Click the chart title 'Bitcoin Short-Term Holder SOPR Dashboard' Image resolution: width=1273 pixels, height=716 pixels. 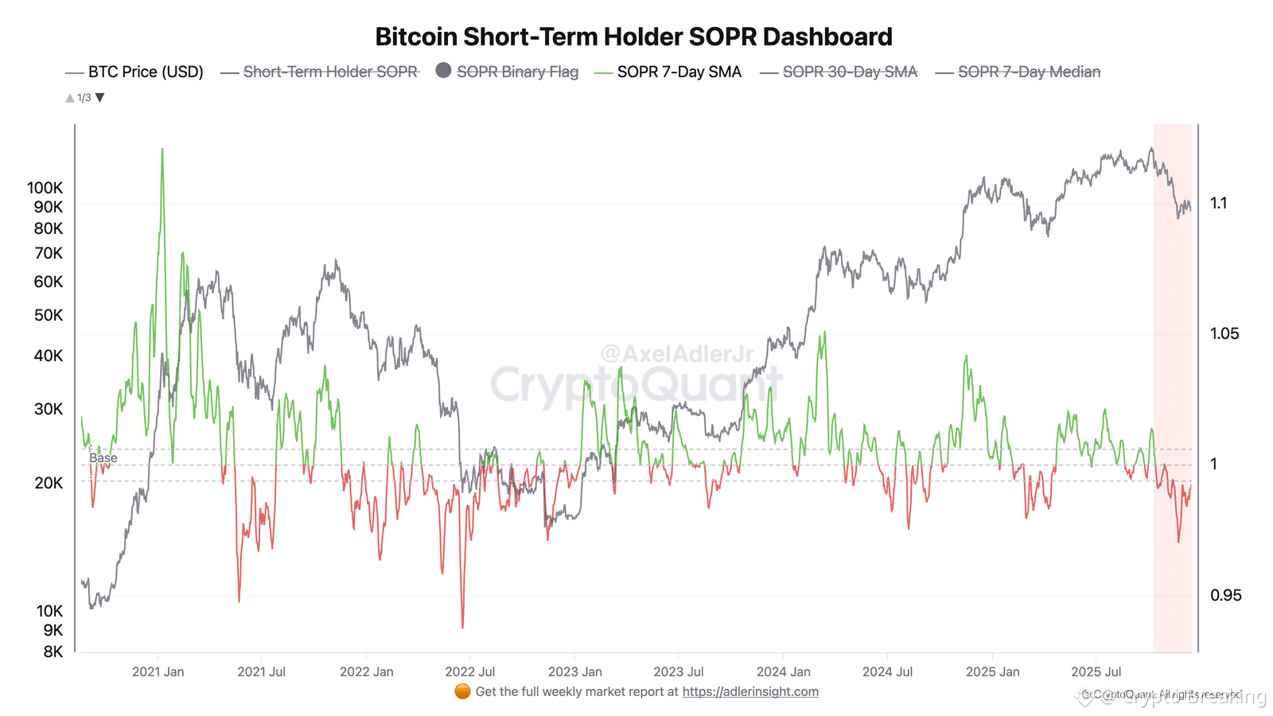pyautogui.click(x=633, y=37)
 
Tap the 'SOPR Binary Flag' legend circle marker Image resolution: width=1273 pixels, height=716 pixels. pyautogui.click(x=444, y=71)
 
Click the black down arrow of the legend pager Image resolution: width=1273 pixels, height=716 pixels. pyautogui.click(x=100, y=98)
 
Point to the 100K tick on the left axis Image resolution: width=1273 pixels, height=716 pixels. pyautogui.click(x=45, y=189)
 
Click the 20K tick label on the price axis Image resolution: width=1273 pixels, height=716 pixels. pyautogui.click(x=49, y=483)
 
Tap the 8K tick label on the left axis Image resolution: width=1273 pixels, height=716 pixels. pyautogui.click(x=53, y=652)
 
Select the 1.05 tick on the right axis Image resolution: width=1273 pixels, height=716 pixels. pyautogui.click(x=1224, y=334)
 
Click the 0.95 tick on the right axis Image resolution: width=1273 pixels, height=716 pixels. pyautogui.click(x=1225, y=596)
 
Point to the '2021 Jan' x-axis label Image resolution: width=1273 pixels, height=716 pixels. pyautogui.click(x=158, y=672)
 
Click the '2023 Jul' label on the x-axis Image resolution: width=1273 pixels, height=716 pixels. pyautogui.click(x=679, y=672)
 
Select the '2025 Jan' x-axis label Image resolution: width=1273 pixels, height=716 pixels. pyautogui.click(x=992, y=672)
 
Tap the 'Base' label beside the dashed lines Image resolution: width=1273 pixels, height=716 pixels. pyautogui.click(x=103, y=458)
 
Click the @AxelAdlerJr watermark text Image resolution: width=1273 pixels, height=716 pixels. pyautogui.click(x=676, y=354)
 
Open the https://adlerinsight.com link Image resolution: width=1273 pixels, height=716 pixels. pyautogui.click(x=750, y=692)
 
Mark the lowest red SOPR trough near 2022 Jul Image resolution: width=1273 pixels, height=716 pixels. pyautogui.click(x=462, y=626)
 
